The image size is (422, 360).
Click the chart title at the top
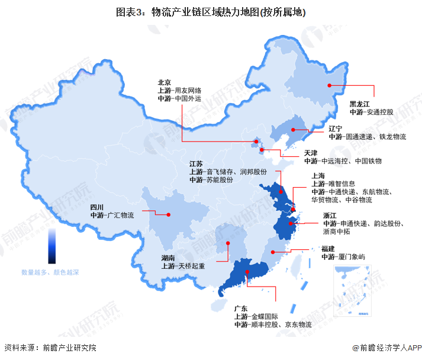pyautogui.click(x=211, y=11)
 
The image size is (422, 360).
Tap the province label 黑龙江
pyautogui.click(x=359, y=104)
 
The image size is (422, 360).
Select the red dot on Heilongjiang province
pyautogui.click(x=330, y=85)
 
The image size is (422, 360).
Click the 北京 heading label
pyautogui.click(x=165, y=83)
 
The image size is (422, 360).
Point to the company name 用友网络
pyautogui.click(x=188, y=91)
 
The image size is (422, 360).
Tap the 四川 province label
pyautogui.click(x=97, y=207)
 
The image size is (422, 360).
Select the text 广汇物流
pyautogui.click(x=120, y=216)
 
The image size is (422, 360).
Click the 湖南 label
pyautogui.click(x=169, y=258)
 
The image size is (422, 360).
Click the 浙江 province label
pyautogui.click(x=330, y=216)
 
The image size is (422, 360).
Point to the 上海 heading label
pyautogui.click(x=318, y=176)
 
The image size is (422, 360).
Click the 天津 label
pyautogui.click(x=311, y=153)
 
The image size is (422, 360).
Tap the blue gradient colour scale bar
pyautogui.click(x=52, y=246)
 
